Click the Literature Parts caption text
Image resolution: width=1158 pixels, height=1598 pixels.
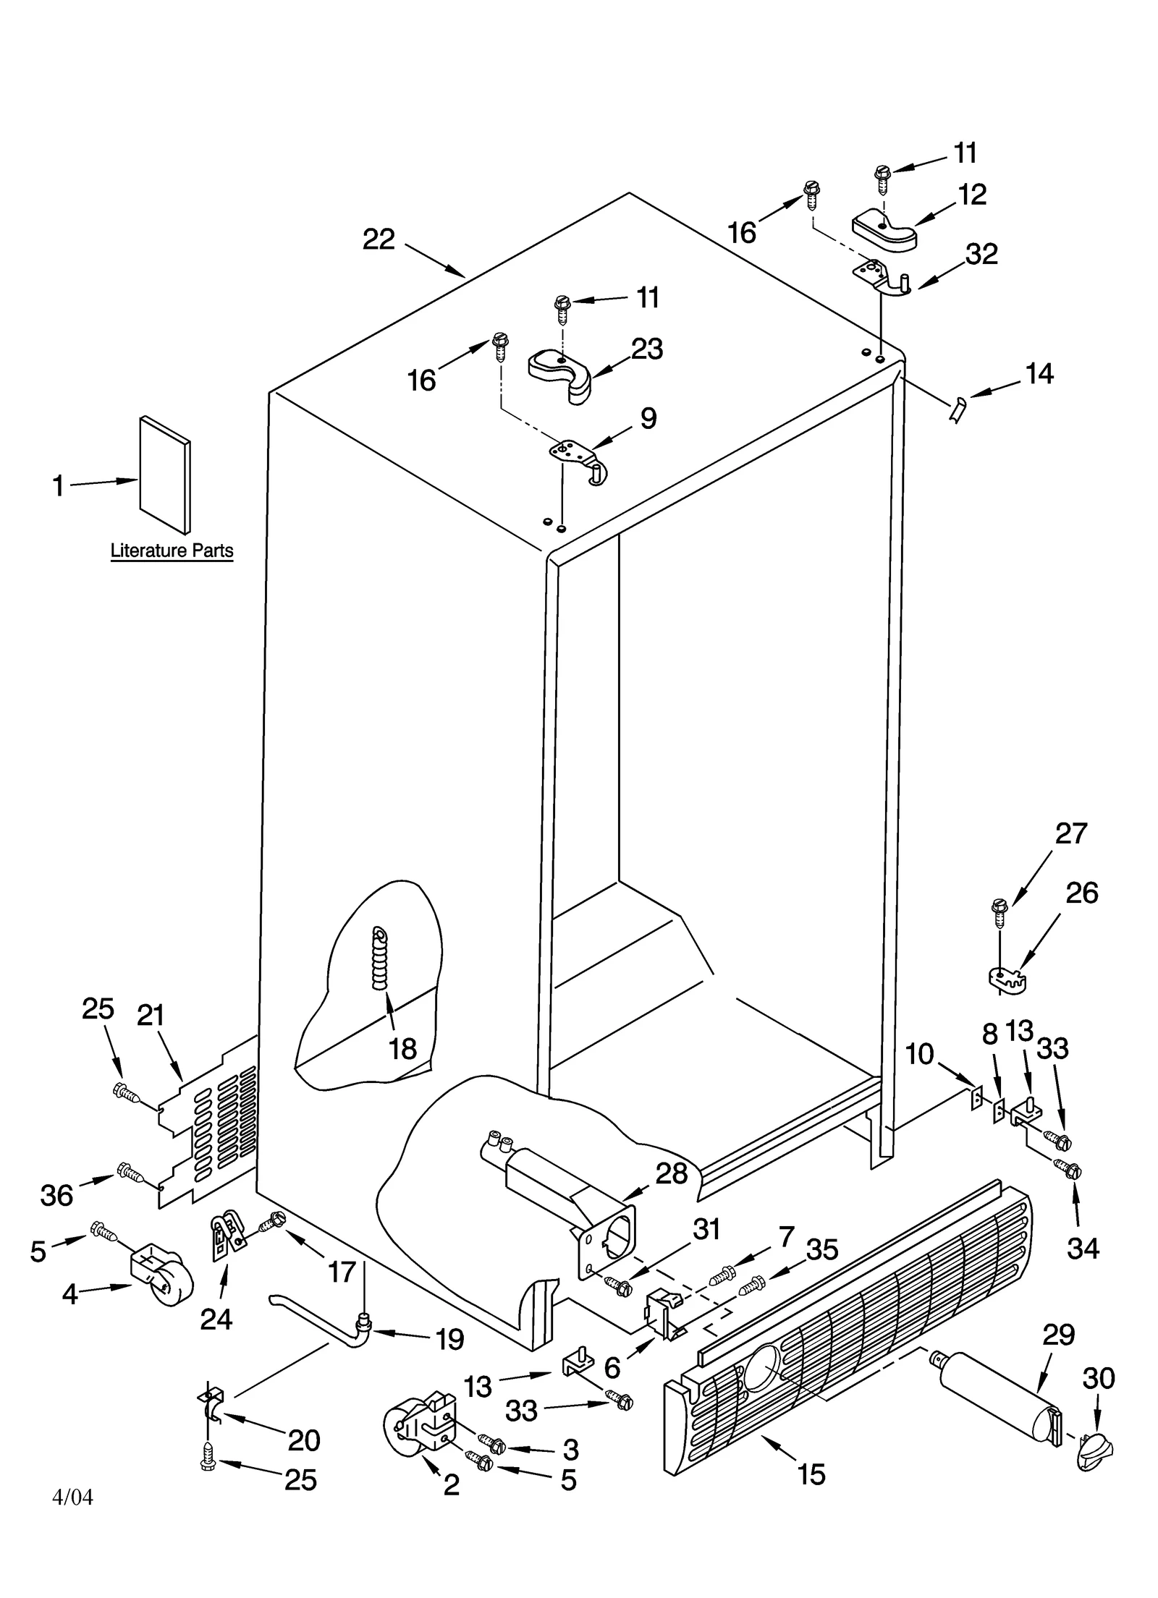tap(172, 551)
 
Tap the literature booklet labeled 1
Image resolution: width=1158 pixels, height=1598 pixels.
tap(165, 474)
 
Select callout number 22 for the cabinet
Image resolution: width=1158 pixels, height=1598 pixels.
tap(379, 239)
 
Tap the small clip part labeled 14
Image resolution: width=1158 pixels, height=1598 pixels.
tap(957, 410)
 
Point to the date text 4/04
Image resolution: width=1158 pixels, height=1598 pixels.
tap(73, 1497)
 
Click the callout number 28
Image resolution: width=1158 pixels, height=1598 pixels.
tap(671, 1173)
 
